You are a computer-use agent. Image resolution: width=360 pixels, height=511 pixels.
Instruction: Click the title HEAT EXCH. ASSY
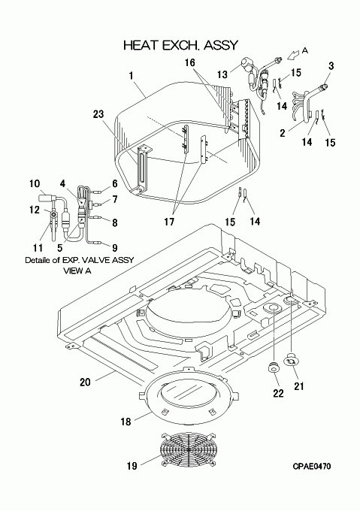[181, 45]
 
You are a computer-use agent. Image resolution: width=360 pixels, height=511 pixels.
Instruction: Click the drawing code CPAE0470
[311, 467]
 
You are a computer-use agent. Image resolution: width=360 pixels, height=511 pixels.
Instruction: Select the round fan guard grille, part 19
[188, 449]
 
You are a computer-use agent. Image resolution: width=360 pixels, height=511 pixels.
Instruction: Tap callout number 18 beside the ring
[126, 422]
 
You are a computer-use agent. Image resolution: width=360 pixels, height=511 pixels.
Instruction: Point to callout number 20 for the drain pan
[85, 382]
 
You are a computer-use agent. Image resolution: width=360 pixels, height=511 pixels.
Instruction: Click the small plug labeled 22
[274, 367]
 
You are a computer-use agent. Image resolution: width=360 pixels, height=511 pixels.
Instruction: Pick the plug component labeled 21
[290, 360]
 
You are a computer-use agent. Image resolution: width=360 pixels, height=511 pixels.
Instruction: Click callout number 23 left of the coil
[98, 114]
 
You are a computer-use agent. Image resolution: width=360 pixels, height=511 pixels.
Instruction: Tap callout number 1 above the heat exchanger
[131, 76]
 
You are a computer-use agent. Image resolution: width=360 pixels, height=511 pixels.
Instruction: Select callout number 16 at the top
[189, 62]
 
